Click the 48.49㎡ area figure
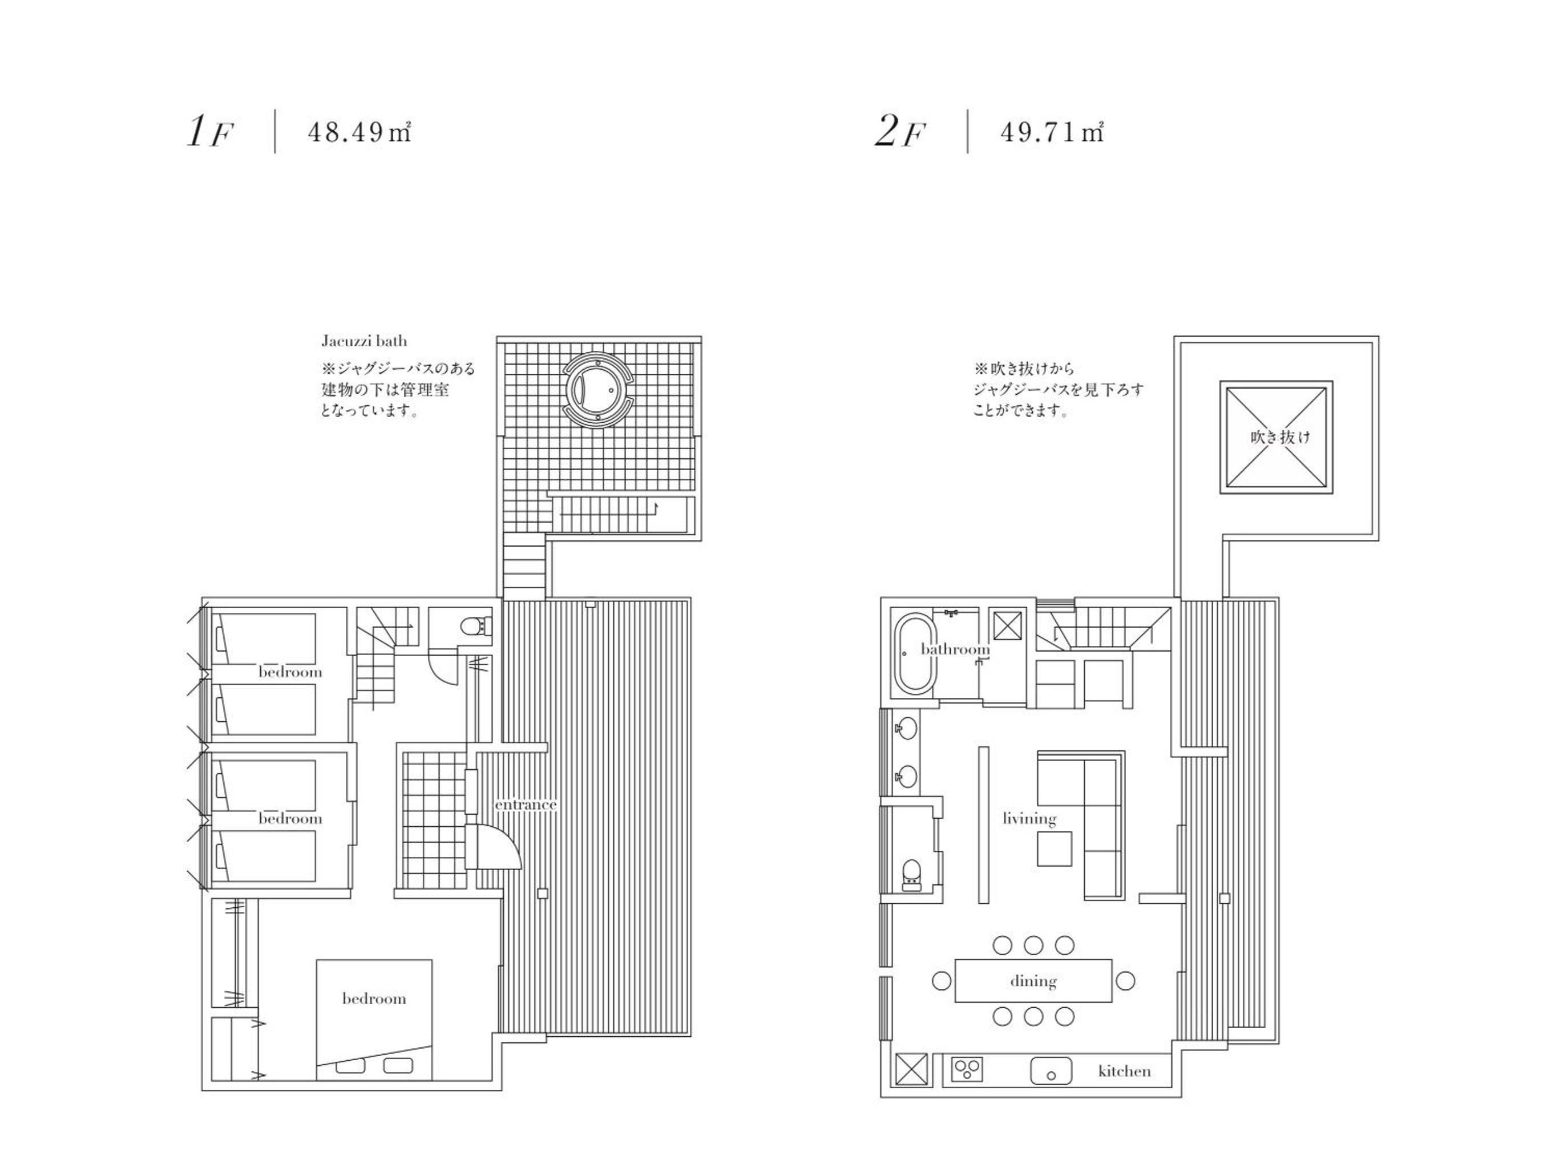pos(360,132)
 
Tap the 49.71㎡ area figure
pos(1052,132)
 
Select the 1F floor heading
pos(209,132)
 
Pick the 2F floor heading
pos(900,132)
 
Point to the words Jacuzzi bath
pos(365,341)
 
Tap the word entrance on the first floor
pos(526,805)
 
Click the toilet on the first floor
pos(474,626)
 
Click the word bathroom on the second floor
pos(955,649)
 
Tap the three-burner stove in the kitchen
pos(967,1070)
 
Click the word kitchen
pos(1124,1072)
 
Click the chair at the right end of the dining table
pos(1125,980)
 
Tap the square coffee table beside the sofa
pos(1055,848)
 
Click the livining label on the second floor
pos(1029,818)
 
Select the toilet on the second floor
pos(911,874)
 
